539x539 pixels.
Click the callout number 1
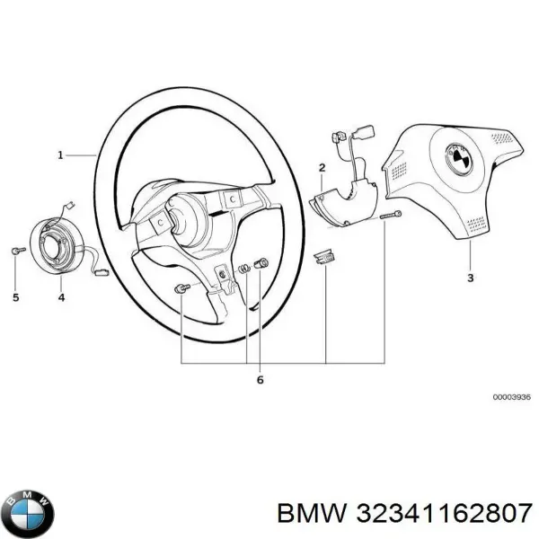[x=61, y=155]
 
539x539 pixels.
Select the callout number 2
[x=322, y=168]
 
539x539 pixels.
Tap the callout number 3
[x=470, y=278]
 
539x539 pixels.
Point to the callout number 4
[x=60, y=296]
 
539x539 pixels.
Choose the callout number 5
[x=15, y=296]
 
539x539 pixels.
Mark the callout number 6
[x=261, y=380]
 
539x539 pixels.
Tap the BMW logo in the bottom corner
[x=28, y=513]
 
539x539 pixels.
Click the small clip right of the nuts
[x=323, y=258]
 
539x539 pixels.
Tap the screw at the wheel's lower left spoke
[x=181, y=288]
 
